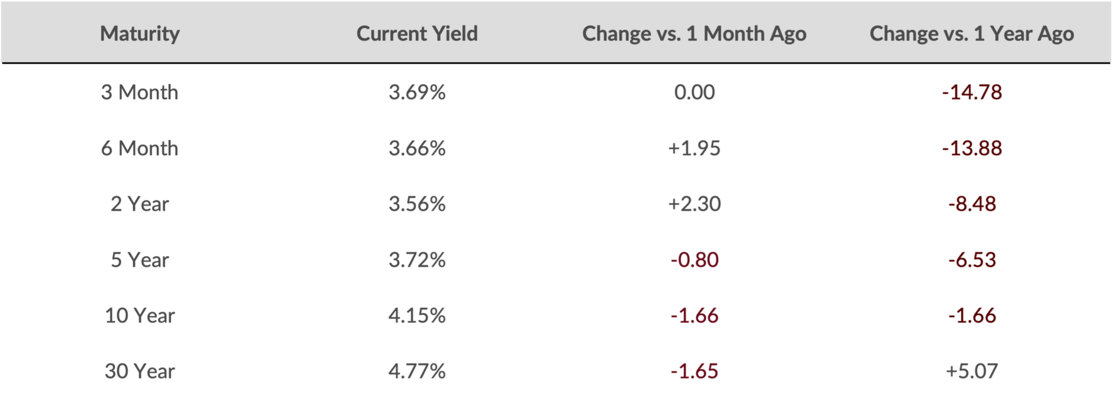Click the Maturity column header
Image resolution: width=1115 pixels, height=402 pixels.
click(140, 34)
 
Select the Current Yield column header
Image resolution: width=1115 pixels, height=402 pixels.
click(417, 34)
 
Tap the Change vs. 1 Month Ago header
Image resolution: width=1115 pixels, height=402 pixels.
click(695, 34)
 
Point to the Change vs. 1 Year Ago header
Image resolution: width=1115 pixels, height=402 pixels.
click(972, 34)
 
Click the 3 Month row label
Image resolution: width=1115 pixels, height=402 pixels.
click(140, 92)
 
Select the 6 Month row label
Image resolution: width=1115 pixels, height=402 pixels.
click(140, 148)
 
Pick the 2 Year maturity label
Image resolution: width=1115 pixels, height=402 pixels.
click(140, 204)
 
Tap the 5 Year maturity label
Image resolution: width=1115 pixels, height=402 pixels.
click(140, 260)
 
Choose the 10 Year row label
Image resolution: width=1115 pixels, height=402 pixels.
click(140, 315)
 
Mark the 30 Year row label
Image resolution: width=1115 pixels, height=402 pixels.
click(140, 371)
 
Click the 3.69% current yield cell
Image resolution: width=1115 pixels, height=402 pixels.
click(417, 92)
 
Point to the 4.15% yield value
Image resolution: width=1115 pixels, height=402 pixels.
click(417, 315)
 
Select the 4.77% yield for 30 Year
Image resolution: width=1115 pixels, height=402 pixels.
click(417, 371)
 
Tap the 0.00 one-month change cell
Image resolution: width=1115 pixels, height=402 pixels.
click(695, 92)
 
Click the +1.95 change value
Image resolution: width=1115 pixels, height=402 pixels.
click(695, 148)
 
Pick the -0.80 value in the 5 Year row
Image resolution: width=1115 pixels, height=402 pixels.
click(695, 260)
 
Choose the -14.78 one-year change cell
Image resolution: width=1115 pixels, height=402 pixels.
click(972, 92)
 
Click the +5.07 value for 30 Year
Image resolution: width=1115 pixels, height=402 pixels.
click(972, 371)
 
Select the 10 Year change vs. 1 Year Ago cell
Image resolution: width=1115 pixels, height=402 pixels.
click(972, 315)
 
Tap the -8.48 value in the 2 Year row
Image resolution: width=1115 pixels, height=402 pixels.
click(972, 204)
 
